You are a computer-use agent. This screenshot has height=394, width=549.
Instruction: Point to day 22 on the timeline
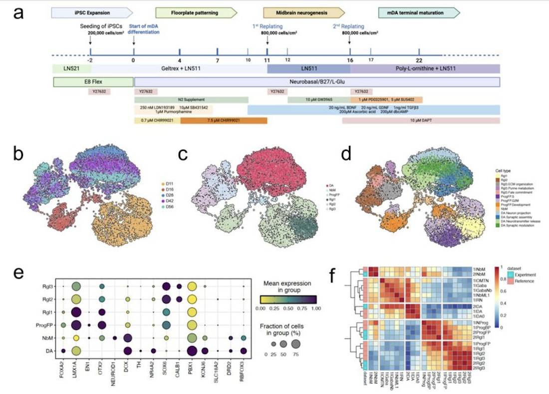[419, 59]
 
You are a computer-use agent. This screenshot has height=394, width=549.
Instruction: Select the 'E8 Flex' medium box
[93, 81]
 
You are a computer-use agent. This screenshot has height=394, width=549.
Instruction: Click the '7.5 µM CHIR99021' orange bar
[223, 120]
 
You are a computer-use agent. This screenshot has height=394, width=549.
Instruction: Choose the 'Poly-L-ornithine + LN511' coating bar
[425, 68]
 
